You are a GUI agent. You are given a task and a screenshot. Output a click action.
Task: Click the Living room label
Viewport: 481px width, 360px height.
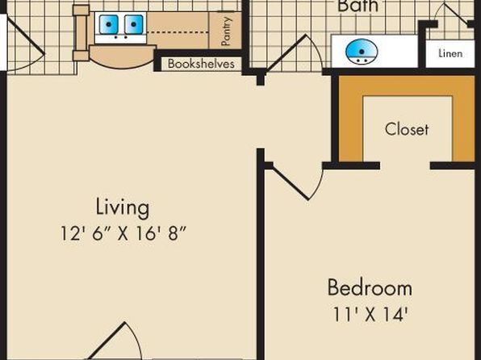123,208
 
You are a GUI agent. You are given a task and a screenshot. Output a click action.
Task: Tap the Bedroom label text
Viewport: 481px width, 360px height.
370,287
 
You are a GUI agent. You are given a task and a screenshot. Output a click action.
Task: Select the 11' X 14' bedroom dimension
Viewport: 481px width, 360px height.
370,314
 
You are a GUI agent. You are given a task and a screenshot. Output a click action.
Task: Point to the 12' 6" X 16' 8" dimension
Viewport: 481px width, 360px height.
123,234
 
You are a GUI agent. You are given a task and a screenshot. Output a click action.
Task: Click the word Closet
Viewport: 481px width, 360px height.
407,129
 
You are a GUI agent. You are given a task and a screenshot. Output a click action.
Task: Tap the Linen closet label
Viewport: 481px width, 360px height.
450,53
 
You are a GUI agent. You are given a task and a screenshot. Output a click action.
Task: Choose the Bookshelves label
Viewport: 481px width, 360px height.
201,64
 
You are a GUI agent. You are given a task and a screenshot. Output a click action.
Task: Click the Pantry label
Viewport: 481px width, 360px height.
226,31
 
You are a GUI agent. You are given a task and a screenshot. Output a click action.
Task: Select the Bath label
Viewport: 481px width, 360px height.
358,6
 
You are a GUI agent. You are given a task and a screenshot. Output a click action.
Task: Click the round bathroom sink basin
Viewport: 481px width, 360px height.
362,52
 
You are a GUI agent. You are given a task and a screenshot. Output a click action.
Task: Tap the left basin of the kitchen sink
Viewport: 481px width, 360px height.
108,24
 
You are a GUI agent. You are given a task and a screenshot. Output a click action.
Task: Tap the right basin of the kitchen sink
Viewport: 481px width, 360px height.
134,24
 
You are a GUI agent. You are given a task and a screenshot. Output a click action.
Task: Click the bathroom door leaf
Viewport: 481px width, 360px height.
286,53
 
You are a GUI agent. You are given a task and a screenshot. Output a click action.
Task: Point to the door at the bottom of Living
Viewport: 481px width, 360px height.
115,341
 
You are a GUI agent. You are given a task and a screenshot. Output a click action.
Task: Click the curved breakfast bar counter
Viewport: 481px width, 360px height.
123,57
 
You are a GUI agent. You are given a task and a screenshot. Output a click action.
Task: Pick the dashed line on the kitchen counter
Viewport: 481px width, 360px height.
178,31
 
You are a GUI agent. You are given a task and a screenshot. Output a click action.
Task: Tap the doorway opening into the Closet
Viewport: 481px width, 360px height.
405,165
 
